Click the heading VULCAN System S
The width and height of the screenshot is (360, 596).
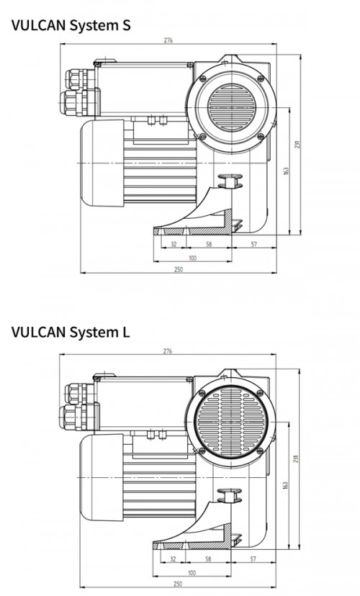click(71, 25)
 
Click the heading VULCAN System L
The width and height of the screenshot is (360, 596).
click(71, 332)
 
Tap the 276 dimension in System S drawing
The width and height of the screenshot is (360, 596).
click(168, 40)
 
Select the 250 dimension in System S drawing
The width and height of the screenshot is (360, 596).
click(179, 269)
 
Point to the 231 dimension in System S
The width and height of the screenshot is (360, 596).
click(297, 145)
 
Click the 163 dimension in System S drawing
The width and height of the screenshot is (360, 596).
click(287, 171)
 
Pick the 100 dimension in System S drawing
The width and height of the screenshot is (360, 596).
click(193, 258)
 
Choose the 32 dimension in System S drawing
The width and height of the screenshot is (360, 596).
click(174, 244)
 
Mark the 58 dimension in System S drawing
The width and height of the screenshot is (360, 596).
click(209, 244)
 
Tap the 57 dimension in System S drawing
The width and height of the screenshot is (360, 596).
click(254, 244)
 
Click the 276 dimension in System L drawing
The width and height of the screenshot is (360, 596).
click(168, 351)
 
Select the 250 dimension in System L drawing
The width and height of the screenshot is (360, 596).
click(178, 584)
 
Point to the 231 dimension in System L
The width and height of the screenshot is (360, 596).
click(297, 459)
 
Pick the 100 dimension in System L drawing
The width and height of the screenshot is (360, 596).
click(192, 573)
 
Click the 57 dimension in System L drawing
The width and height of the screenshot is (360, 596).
click(253, 559)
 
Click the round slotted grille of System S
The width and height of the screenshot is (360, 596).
click(232, 107)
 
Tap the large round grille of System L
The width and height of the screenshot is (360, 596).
click(231, 422)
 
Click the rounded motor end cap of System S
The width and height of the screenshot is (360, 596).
click(102, 163)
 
